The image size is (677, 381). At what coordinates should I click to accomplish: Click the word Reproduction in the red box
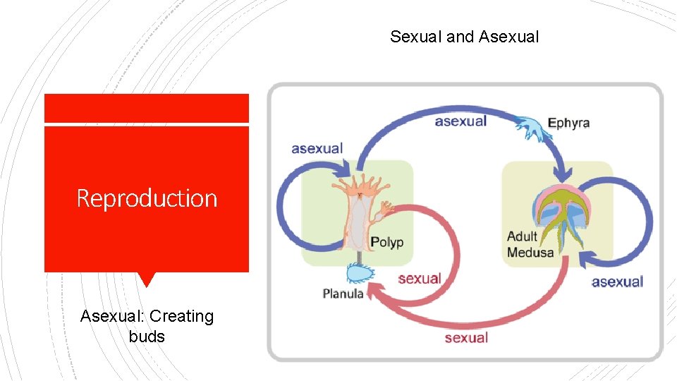(x=147, y=198)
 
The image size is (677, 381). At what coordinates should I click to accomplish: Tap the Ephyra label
(x=568, y=123)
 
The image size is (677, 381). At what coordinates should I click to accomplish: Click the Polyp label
(x=387, y=242)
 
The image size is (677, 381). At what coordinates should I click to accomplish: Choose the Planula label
(x=343, y=294)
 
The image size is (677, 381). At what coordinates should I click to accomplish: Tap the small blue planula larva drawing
(x=361, y=273)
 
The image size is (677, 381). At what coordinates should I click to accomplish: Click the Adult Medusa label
(x=530, y=244)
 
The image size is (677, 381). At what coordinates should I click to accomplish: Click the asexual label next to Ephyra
(x=461, y=121)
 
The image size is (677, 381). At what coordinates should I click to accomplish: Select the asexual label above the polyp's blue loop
(x=317, y=148)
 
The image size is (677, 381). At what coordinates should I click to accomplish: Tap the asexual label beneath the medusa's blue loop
(x=617, y=282)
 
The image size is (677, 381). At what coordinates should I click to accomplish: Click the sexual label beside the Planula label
(x=419, y=278)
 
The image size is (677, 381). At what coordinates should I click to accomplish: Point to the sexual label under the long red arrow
(x=466, y=338)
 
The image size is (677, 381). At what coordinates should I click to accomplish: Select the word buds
(x=147, y=337)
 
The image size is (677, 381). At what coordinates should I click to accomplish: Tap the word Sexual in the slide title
(x=416, y=37)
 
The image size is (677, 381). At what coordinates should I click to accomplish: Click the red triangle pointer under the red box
(x=146, y=279)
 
